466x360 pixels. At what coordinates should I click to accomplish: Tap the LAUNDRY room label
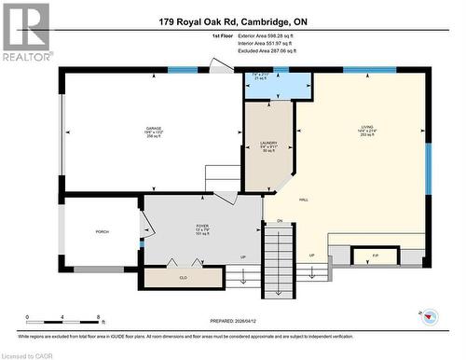point(268,143)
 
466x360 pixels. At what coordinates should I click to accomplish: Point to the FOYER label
point(202,227)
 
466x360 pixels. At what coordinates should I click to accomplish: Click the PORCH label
point(102,232)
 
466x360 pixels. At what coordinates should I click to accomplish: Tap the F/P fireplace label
point(375,255)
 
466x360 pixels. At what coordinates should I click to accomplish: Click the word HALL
point(304,201)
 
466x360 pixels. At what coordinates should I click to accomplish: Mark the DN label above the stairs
point(279,220)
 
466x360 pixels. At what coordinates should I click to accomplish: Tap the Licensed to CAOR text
point(30,354)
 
